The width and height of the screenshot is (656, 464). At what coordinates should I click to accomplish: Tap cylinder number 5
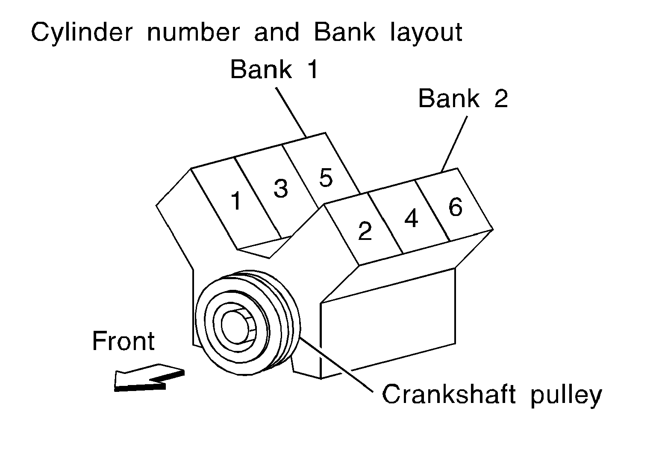(326, 178)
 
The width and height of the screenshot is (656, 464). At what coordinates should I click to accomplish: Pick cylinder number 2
(365, 231)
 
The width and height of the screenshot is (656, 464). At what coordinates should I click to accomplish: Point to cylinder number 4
(411, 219)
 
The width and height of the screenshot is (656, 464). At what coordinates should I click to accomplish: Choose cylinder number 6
(456, 208)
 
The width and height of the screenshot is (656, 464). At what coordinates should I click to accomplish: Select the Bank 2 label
(463, 99)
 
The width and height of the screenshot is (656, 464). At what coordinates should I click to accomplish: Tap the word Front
(123, 341)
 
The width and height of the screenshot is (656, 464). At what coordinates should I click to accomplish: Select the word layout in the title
(426, 32)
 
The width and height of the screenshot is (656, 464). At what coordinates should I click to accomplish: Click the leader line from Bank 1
(291, 112)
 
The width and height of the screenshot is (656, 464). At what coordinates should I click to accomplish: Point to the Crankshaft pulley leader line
(338, 363)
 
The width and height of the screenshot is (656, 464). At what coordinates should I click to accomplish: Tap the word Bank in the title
(344, 32)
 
